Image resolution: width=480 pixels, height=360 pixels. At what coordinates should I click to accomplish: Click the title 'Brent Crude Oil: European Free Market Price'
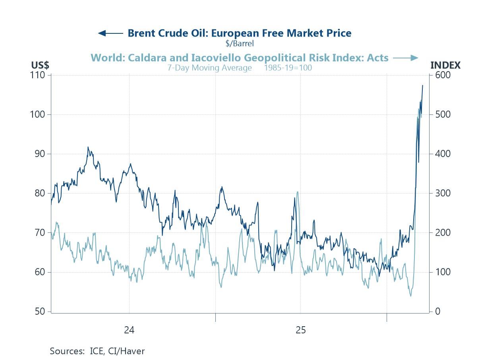[x=239, y=33]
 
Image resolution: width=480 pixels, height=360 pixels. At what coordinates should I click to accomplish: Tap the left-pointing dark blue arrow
[x=110, y=33]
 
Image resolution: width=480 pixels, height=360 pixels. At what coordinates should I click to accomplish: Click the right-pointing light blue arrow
[x=406, y=58]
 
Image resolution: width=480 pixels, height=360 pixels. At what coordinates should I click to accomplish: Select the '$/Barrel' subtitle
[x=239, y=43]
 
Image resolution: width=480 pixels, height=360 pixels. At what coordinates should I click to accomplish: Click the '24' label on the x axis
[x=129, y=330]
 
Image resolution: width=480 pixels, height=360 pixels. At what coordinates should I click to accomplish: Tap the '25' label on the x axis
[x=301, y=330]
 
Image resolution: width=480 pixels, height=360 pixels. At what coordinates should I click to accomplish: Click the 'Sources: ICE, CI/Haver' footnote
[x=97, y=351]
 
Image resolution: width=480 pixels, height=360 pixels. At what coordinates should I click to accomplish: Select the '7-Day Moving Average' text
[x=209, y=68]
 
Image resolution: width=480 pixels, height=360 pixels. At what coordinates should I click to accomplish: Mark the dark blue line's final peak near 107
[x=422, y=85]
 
